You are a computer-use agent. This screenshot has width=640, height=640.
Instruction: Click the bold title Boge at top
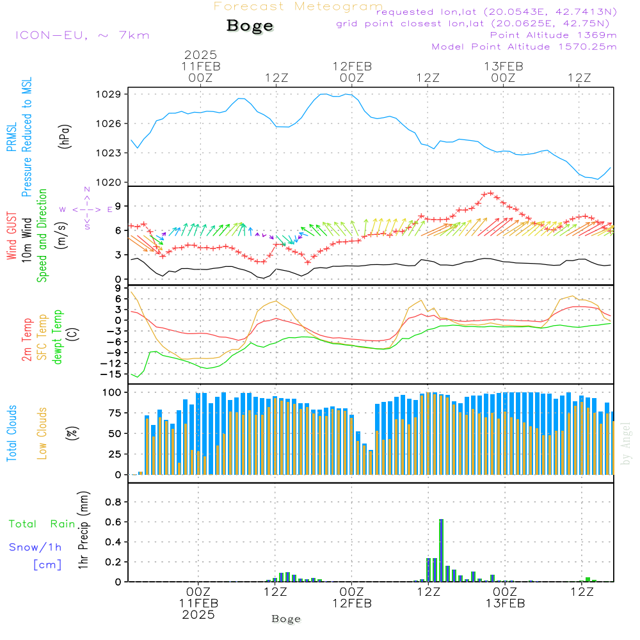[x=250, y=26]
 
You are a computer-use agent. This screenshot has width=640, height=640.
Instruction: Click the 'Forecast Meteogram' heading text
[x=298, y=6]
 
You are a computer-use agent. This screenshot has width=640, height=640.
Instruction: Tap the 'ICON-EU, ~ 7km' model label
[x=82, y=35]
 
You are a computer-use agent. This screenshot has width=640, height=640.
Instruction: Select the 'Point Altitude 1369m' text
[x=553, y=35]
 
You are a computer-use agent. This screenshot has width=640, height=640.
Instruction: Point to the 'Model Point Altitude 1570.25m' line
[x=524, y=47]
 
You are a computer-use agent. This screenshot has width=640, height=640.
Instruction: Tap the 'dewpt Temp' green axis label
[x=58, y=337]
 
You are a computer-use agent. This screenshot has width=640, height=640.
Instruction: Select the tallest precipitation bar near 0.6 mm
[x=441, y=550]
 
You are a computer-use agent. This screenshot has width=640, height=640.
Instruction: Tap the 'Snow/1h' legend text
[x=36, y=547]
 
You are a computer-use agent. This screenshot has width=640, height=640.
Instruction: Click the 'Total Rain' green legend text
[x=42, y=524]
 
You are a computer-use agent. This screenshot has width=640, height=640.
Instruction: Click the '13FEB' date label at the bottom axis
[x=504, y=604]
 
